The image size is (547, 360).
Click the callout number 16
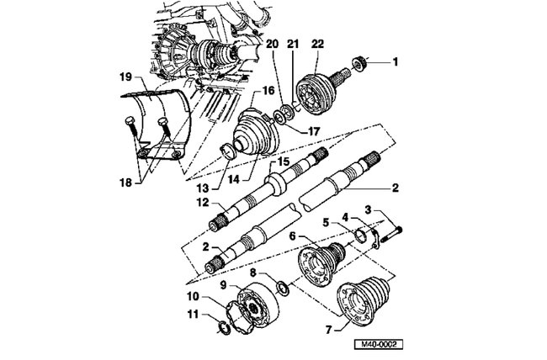pyautogui.click(x=269, y=90)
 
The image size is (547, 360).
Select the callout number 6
pyautogui.click(x=292, y=238)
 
